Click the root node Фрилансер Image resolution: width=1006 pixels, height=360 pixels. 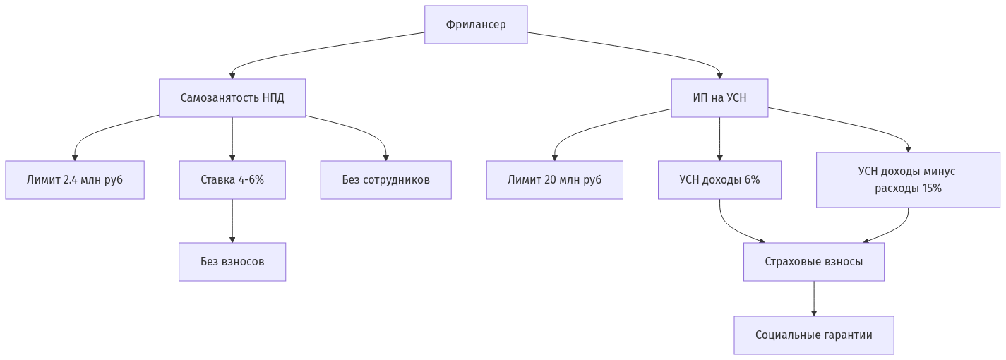(x=476, y=25)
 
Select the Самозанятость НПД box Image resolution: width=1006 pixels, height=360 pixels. (x=232, y=97)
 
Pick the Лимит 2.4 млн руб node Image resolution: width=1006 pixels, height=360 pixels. (x=75, y=180)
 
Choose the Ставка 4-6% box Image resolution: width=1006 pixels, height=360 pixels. (x=232, y=180)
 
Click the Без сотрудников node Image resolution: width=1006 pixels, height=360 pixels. (x=385, y=180)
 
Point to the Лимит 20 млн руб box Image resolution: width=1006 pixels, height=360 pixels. (x=554, y=180)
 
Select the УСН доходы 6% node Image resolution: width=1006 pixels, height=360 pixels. (x=719, y=180)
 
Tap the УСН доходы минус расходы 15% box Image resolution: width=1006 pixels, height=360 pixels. (x=908, y=180)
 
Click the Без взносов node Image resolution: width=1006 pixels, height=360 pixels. (x=232, y=262)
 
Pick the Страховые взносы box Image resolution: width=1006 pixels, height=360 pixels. (x=813, y=262)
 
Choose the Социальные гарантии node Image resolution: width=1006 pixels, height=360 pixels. (x=813, y=335)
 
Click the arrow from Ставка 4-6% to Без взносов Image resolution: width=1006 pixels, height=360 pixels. (x=232, y=221)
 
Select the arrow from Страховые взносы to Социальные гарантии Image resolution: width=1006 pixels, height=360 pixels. (x=813, y=299)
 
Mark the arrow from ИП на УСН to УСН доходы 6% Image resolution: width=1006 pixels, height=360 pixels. (x=719, y=138)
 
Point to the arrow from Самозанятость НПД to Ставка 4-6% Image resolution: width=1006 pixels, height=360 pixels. (x=232, y=138)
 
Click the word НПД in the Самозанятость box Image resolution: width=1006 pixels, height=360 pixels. (x=273, y=97)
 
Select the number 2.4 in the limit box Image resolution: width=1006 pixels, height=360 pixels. (x=70, y=180)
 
